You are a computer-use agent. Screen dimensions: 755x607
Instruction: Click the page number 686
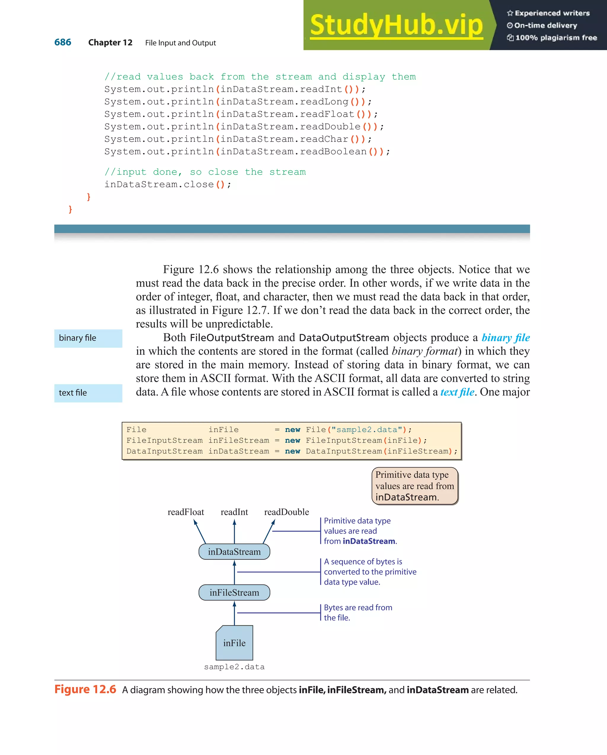coord(63,42)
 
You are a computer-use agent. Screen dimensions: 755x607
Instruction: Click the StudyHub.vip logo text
coord(396,25)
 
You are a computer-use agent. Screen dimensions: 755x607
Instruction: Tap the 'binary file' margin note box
coord(88,338)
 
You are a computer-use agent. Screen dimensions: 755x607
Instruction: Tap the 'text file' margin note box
coord(88,393)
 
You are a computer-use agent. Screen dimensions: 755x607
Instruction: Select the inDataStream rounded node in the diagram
coord(234,551)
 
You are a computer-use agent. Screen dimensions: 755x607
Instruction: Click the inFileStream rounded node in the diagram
coord(234,592)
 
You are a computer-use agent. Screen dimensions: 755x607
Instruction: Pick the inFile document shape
coord(234,643)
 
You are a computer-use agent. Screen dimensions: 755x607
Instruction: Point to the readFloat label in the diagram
coord(186,512)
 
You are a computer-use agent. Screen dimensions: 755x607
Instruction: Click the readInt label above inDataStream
coord(234,512)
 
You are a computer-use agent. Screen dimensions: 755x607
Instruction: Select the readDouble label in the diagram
coord(287,512)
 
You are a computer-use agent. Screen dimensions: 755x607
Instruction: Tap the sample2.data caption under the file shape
coord(234,667)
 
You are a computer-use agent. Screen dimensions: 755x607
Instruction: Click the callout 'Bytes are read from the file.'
coord(357,613)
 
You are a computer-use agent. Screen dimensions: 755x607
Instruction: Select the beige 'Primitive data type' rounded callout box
coord(415,486)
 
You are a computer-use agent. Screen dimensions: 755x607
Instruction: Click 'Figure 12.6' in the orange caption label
coord(85,689)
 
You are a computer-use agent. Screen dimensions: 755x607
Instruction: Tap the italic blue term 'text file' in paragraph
coord(457,392)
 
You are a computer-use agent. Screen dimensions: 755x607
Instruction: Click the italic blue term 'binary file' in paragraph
coord(506,338)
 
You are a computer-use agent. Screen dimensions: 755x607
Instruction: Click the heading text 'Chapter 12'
coord(110,43)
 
